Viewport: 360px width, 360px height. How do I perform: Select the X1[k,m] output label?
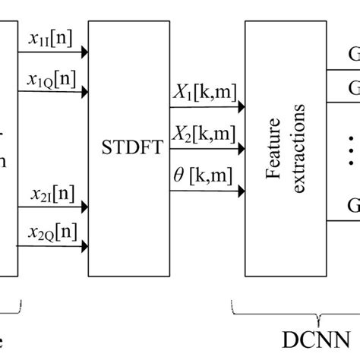point(204,95)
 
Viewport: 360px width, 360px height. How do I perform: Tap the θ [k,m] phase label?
point(204,177)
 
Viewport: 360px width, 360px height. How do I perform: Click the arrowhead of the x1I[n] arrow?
point(84,52)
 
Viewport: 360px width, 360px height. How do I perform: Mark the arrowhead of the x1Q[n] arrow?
point(84,94)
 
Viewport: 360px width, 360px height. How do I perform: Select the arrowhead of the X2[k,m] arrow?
point(241,150)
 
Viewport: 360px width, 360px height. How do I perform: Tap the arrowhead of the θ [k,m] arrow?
point(241,191)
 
